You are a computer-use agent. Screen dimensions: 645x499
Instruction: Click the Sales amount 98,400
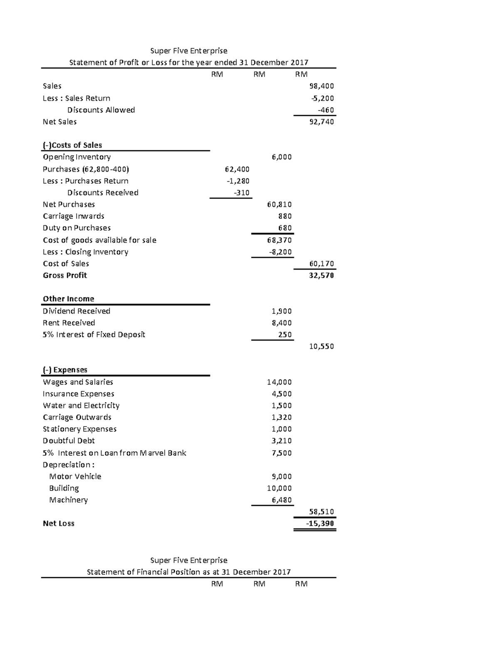coord(321,86)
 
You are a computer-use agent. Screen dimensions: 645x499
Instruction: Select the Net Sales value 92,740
coord(321,122)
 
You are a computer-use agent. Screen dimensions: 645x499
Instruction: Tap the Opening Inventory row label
coord(77,157)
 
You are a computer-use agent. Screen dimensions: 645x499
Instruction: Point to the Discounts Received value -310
coord(241,193)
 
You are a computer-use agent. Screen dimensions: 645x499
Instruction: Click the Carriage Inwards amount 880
coord(284,216)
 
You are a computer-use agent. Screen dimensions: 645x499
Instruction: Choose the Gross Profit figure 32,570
coord(321,275)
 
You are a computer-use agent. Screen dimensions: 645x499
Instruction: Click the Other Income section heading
coord(68,299)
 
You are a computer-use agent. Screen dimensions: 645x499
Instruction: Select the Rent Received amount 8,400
coord(281,323)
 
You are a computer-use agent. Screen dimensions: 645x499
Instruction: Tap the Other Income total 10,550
coord(321,346)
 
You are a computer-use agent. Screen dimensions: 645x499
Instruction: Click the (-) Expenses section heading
coord(65,370)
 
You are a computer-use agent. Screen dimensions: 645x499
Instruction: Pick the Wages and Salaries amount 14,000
coord(279,382)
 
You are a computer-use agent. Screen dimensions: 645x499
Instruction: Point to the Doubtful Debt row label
coord(69,441)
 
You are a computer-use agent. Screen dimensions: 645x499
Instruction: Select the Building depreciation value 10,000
coord(279,488)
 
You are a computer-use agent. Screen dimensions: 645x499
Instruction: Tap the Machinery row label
coord(68,500)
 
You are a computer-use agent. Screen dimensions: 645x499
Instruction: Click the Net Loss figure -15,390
coord(320,523)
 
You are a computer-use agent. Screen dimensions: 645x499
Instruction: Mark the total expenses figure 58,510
coord(321,512)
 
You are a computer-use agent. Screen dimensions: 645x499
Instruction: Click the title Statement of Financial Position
coord(188,572)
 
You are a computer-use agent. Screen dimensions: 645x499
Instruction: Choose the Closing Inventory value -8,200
coord(279,252)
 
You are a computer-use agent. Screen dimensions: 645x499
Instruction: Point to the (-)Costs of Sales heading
coord(72,145)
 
